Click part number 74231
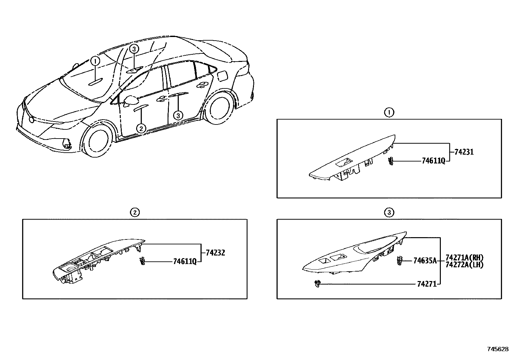click(464, 152)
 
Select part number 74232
click(215, 253)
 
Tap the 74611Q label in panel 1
click(433, 161)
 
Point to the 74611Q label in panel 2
click(185, 261)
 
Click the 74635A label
click(425, 261)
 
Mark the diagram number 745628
click(498, 349)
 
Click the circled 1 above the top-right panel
click(389, 113)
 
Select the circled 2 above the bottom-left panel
click(135, 213)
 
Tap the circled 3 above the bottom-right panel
click(389, 213)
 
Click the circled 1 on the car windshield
click(95, 61)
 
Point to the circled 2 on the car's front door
click(141, 128)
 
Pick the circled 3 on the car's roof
click(134, 49)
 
